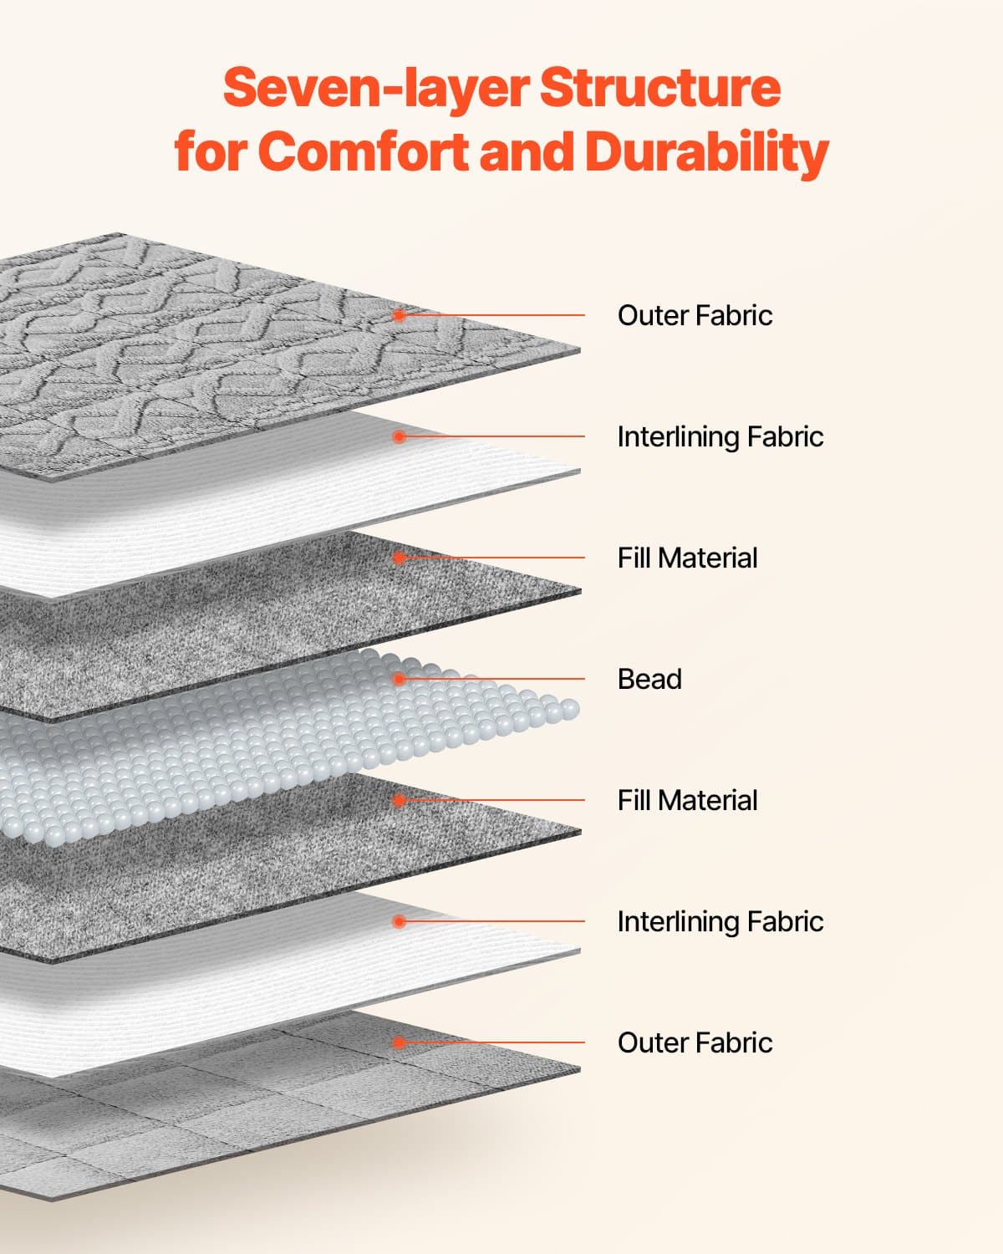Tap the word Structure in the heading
click(x=660, y=88)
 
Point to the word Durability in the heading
click(x=706, y=152)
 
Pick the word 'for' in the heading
click(x=209, y=152)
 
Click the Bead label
click(x=649, y=679)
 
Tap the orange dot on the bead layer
click(x=400, y=679)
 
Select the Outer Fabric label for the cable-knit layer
click(x=695, y=315)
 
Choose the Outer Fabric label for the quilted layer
click(x=695, y=1042)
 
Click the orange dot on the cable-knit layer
click(x=400, y=315)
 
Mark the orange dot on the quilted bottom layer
click(x=400, y=1042)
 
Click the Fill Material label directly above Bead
click(x=687, y=558)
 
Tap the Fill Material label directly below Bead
click(x=687, y=800)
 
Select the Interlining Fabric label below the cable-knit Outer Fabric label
click(x=720, y=436)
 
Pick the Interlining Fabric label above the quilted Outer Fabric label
click(x=720, y=921)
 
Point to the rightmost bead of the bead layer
click(x=570, y=710)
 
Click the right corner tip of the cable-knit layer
click(x=578, y=349)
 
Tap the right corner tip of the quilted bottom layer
click(x=578, y=1069)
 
